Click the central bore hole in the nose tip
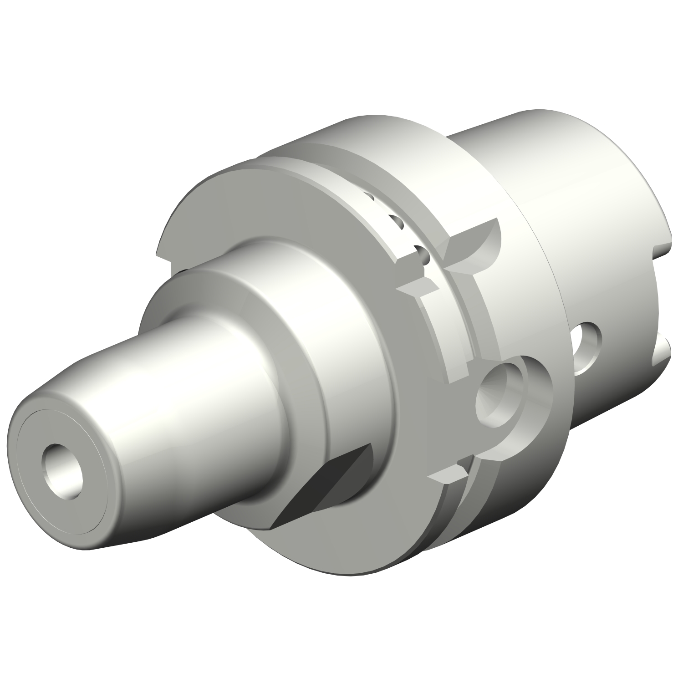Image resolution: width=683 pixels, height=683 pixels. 63,465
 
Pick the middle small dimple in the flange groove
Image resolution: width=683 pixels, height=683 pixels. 397,222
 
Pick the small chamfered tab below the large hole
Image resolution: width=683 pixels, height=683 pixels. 449,476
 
